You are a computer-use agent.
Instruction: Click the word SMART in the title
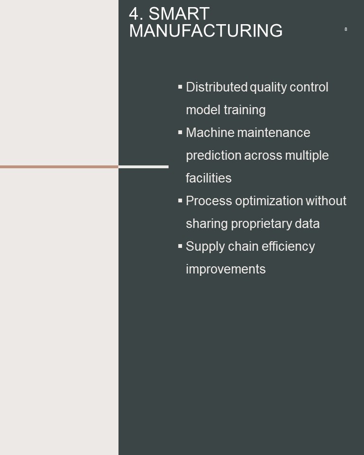pos(179,13)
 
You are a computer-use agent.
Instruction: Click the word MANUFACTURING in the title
pos(206,30)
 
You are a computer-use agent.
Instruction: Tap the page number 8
pos(346,29)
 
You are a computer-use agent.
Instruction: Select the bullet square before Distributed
pos(180,86)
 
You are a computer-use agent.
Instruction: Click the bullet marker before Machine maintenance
pos(180,132)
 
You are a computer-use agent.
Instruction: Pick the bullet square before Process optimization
pos(180,200)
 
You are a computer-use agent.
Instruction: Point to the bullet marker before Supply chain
pos(180,246)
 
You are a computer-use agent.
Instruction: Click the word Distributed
pos(217,87)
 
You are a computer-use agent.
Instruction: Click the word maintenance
pos(274,133)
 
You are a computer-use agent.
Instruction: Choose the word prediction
pos(214,155)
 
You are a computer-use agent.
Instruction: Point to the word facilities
pos(209,178)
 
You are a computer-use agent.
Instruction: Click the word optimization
pos(269,201)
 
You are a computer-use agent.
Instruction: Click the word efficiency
pos(288,246)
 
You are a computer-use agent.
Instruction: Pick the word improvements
pos(226,269)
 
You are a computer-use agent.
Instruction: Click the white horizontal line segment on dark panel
pos(144,167)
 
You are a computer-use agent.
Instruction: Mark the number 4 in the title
pos(134,14)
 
